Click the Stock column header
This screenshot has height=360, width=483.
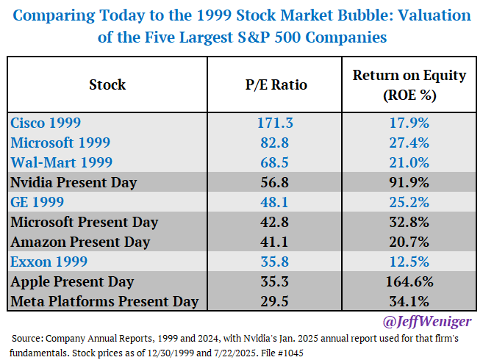(107, 84)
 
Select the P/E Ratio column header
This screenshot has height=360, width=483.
(275, 84)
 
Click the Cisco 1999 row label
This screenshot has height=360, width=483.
(46, 123)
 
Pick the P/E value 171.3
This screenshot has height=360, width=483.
(275, 123)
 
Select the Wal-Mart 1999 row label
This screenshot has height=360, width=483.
(56, 162)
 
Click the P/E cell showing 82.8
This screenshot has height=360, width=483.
(275, 143)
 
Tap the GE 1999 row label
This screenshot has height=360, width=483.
(38, 202)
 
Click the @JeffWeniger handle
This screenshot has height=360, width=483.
(426, 321)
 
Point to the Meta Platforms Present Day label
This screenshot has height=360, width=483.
(104, 301)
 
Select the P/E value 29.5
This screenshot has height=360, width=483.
(275, 301)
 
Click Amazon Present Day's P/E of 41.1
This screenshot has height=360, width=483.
(275, 242)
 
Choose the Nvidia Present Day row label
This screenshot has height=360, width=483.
(73, 182)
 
